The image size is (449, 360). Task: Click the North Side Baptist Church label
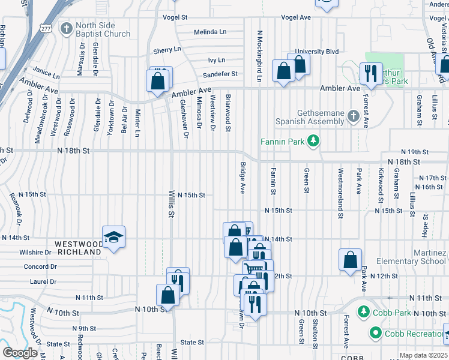(x=103, y=29)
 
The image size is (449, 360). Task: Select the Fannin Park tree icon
(x=312, y=142)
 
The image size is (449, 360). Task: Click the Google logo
(x=20, y=352)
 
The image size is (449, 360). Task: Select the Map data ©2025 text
(x=423, y=355)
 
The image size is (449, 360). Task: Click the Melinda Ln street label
(x=210, y=32)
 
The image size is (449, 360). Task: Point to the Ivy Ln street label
(x=216, y=60)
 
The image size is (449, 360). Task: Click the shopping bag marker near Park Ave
(x=350, y=261)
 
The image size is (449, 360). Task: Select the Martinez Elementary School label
(x=411, y=257)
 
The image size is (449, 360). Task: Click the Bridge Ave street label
(x=243, y=177)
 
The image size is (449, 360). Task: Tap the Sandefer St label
(x=220, y=74)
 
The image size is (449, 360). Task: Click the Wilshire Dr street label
(x=38, y=253)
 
